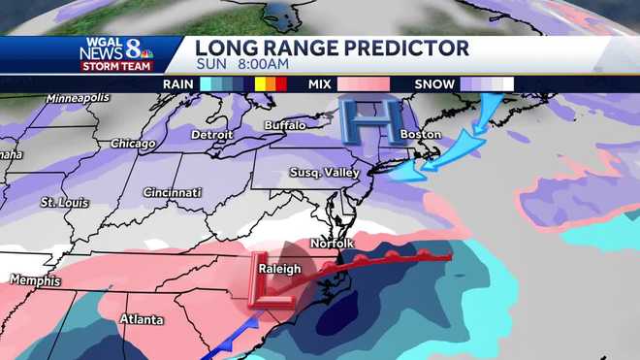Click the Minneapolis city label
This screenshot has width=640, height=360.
pyautogui.click(x=79, y=100)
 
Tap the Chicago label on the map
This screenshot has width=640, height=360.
pyautogui.click(x=133, y=144)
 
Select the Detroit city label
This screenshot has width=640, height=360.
pyautogui.click(x=213, y=134)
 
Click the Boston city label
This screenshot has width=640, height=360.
pyautogui.click(x=421, y=134)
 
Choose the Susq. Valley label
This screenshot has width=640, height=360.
pyautogui.click(x=325, y=173)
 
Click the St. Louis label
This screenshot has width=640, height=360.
pyautogui.click(x=60, y=203)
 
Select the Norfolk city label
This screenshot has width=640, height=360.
pyautogui.click(x=332, y=243)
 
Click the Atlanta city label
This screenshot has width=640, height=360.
pyautogui.click(x=141, y=319)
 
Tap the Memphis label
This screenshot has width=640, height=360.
pyautogui.click(x=35, y=280)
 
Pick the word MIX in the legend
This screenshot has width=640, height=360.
pyautogui.click(x=318, y=84)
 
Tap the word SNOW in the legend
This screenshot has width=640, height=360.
pyautogui.click(x=434, y=84)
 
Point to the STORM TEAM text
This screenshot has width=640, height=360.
pyautogui.click(x=110, y=67)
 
